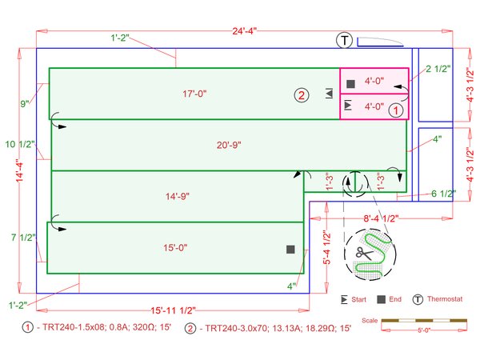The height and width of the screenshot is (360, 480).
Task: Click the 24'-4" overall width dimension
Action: click(244, 31)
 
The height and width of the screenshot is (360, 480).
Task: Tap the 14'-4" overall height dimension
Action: click(19, 170)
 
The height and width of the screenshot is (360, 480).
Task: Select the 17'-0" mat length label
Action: click(194, 94)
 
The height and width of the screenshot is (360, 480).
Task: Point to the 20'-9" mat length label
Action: click(229, 145)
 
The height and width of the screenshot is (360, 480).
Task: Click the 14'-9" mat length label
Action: click(178, 196)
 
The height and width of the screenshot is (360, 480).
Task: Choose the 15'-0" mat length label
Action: click(175, 247)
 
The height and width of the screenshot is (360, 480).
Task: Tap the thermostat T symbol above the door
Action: click(345, 40)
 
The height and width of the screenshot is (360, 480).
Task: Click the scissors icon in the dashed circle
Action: click(364, 254)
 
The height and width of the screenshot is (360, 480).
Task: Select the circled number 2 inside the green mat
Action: click(302, 95)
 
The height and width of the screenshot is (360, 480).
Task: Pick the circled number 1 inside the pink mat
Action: click(395, 110)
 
